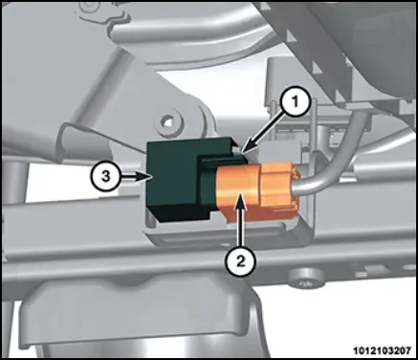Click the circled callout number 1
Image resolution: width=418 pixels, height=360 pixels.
295,102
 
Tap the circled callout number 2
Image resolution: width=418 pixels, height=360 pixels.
241,262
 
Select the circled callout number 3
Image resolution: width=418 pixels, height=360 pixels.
105,176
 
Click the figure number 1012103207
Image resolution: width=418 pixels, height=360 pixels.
382,350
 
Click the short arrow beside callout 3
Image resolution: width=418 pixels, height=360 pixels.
135,176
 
